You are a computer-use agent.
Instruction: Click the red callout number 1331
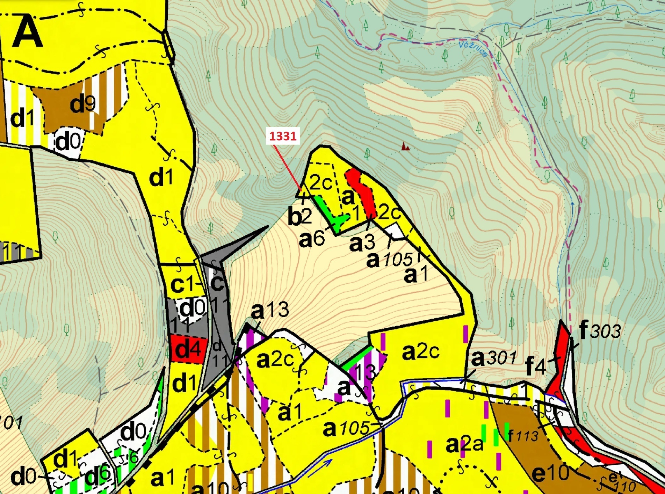click(283, 136)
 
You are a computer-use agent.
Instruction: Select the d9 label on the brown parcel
click(82, 104)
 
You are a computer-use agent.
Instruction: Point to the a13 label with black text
click(270, 310)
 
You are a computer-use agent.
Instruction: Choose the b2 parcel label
click(299, 217)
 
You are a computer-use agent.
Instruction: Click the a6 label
click(312, 239)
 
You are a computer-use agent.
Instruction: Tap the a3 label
click(362, 243)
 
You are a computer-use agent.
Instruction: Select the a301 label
click(493, 358)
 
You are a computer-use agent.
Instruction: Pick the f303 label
click(600, 330)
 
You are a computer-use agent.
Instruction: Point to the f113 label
click(523, 435)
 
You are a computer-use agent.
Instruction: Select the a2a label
click(464, 445)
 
